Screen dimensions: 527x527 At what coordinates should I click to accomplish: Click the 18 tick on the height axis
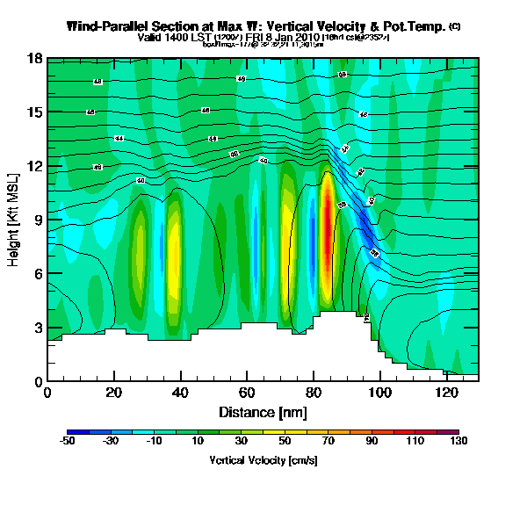36,59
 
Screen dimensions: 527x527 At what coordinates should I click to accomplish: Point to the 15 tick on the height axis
36,112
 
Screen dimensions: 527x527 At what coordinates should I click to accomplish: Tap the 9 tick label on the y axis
38,220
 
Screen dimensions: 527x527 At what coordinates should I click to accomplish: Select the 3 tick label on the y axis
38,328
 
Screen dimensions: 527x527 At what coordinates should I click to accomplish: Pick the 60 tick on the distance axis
247,393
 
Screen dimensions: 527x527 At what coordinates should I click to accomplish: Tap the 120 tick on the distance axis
445,393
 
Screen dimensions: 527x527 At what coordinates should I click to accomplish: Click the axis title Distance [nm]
263,412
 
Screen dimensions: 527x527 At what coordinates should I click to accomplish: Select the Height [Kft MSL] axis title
15,220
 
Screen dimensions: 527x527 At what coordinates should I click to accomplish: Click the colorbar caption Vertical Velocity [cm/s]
263,459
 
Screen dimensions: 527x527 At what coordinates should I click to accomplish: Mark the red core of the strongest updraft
328,224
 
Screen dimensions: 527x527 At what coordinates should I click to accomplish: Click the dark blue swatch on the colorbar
74,433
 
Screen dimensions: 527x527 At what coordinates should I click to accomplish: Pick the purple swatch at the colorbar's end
453,433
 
